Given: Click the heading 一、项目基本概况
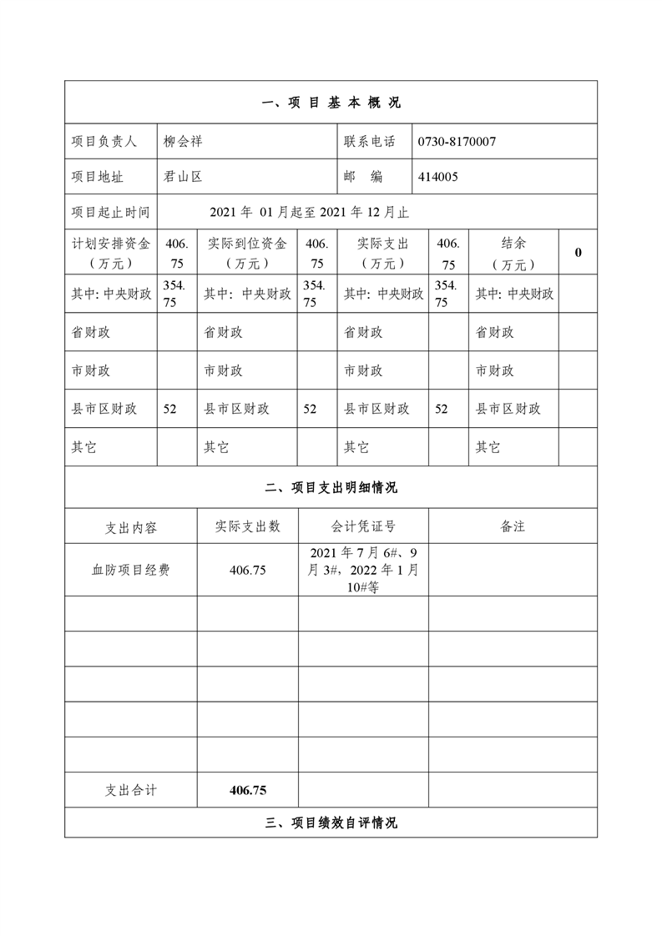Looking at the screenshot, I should [331, 103].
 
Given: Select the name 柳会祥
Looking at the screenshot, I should [183, 142].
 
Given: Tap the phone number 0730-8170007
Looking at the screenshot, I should [457, 142].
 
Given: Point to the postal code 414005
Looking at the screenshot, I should [438, 177].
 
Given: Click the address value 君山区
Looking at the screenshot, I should [183, 177].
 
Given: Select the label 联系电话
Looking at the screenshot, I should [369, 142].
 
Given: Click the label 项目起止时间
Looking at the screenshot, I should [110, 212].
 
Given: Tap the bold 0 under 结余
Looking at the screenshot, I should [578, 252].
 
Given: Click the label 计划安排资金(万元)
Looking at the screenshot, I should [110, 253].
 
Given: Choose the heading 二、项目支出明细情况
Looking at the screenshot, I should [331, 488].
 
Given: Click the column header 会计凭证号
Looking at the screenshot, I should [363, 526].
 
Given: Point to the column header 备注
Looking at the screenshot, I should [513, 526].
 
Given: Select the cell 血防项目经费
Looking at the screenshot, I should [130, 571].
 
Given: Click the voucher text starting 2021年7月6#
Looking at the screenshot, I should [363, 571].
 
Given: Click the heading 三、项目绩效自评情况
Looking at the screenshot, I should [331, 823].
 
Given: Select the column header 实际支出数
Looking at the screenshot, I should [248, 526].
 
